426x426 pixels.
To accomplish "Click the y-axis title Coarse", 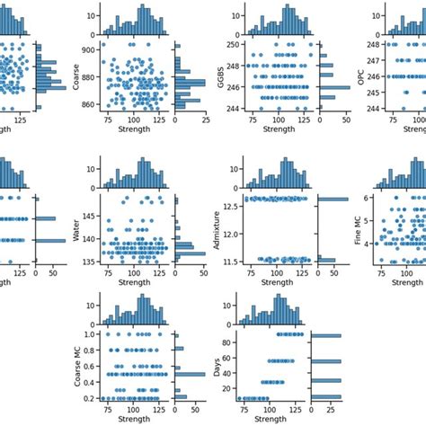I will click(75, 79).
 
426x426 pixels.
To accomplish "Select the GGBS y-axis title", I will click(209, 79).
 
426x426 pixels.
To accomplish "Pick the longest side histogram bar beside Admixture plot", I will click(332, 199).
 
